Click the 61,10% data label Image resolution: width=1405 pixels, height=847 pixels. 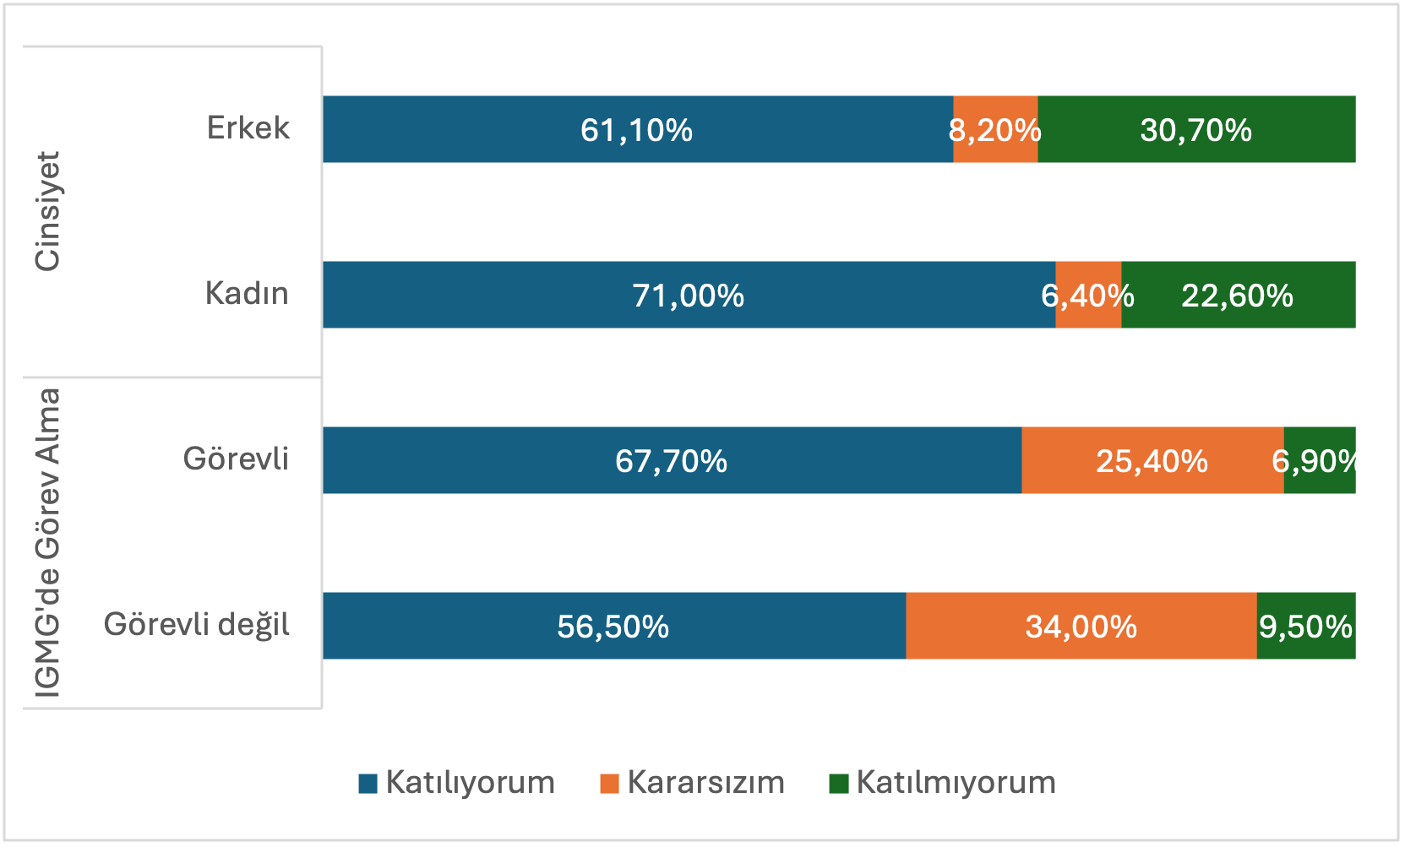coord(636,130)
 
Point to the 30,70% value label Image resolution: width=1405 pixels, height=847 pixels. coord(1195,130)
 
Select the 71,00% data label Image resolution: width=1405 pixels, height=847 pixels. coord(688,296)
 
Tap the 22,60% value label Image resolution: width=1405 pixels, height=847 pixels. coord(1237,296)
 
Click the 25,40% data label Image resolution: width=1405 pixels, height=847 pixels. coord(1152,461)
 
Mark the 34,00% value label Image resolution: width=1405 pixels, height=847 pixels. coord(1081,627)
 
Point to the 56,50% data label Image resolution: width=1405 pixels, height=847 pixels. coord(613,627)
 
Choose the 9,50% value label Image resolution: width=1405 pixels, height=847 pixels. coord(1305,627)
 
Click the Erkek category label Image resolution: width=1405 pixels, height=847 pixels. coord(248,128)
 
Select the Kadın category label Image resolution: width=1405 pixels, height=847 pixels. coord(247,293)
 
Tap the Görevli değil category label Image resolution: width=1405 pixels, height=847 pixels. coord(196,624)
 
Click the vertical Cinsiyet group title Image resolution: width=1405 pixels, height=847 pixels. coord(47,211)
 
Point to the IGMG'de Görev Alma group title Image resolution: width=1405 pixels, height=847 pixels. coord(47,543)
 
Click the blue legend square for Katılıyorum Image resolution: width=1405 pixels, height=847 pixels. coord(368,783)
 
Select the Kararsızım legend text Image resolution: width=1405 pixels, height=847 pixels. coord(705,782)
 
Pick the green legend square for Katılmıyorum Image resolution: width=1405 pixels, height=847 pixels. coord(838,783)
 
